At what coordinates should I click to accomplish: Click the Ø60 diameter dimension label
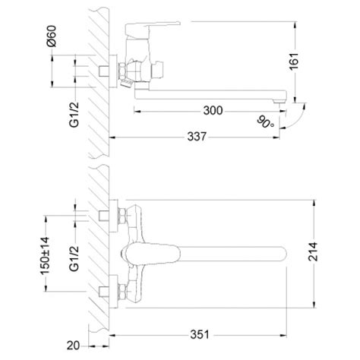[x=52, y=36]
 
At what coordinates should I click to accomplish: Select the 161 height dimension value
[x=294, y=62]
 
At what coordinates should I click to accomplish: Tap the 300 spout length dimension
[x=213, y=111]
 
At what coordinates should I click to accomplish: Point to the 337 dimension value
[x=197, y=137]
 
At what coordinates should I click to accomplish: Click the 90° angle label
[x=265, y=122]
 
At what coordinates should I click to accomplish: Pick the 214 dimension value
[x=313, y=251]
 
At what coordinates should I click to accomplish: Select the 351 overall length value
[x=200, y=334]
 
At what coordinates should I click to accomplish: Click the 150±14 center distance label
[x=45, y=256]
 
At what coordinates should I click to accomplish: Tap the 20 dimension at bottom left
[x=73, y=346]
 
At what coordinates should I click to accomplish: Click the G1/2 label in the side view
[x=74, y=115]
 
